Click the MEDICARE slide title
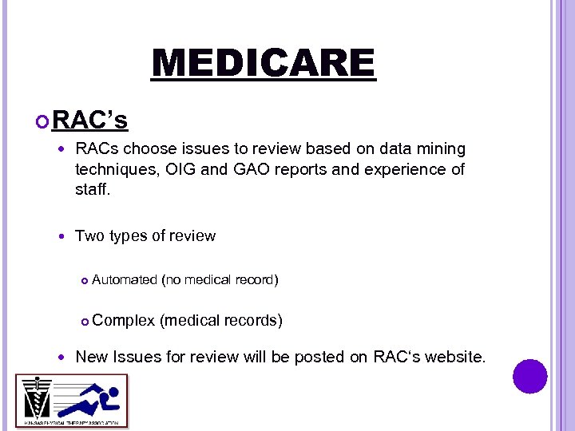263,64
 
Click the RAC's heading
89,121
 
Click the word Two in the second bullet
89,235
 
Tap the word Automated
125,279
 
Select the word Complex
124,320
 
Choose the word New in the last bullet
91,357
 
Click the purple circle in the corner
529,376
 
